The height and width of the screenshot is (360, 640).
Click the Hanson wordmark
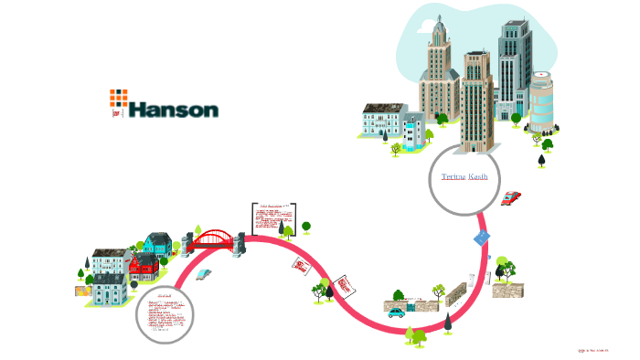coord(174,110)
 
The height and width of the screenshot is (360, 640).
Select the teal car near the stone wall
coord(395,311)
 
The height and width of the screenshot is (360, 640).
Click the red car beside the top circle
coord(511,197)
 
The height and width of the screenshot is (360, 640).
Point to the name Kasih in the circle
coord(478,175)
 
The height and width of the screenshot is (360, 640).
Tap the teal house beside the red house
coord(156,244)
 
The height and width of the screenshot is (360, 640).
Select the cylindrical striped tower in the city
coord(541,101)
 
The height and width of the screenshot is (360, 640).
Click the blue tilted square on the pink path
coord(483,238)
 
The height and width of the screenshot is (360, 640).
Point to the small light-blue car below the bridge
coord(203,273)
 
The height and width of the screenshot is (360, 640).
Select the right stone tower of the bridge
coord(240,241)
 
